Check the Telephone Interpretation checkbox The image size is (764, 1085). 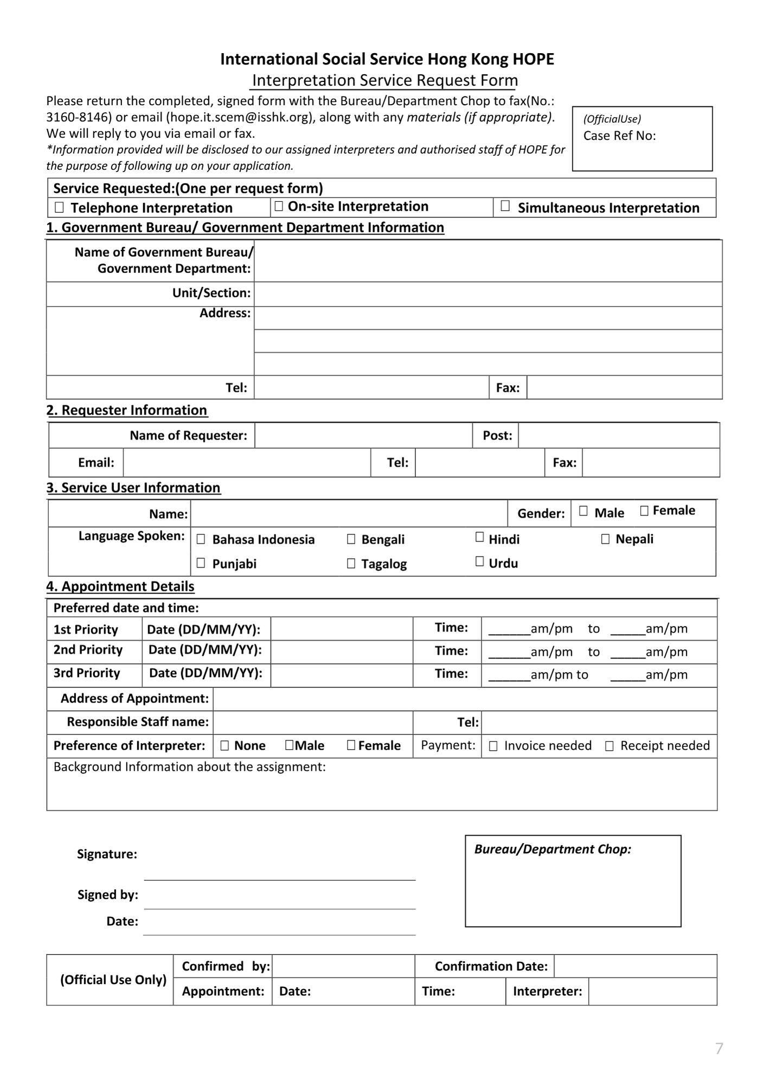[59, 207]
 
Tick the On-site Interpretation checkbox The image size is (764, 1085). [279, 206]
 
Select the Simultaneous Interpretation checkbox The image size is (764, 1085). [505, 206]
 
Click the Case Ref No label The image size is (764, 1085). [619, 136]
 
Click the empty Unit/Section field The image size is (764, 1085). [487, 293]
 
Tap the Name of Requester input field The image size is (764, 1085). [363, 436]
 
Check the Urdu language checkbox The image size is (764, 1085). [479, 561]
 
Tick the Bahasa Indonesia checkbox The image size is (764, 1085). [201, 539]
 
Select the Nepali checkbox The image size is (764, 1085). [605, 539]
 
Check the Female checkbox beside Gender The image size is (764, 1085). [644, 511]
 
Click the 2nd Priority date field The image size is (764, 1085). [342, 651]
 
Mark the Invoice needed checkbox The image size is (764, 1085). [493, 746]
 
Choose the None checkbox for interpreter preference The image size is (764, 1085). [224, 746]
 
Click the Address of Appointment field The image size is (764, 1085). [465, 699]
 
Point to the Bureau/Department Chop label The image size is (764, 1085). [553, 849]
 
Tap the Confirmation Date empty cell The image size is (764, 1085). [635, 966]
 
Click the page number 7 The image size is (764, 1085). [719, 1048]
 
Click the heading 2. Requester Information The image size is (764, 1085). [127, 410]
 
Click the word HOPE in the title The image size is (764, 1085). [533, 59]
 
